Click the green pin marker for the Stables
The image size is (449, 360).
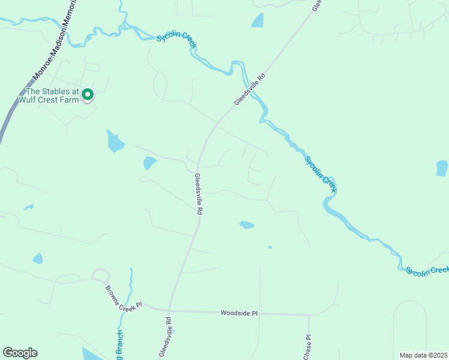[87, 94]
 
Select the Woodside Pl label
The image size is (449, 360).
[239, 313]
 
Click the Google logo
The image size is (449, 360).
[20, 353]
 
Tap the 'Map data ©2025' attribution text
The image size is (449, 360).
[423, 355]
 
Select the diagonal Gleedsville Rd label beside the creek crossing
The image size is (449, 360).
[250, 90]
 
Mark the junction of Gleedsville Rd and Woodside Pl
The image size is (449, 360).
[170, 311]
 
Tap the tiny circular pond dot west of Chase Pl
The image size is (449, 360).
[270, 247]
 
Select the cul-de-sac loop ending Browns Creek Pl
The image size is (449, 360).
[100, 276]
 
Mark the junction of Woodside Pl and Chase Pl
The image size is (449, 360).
[309, 314]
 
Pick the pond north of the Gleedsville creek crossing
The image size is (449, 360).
[258, 20]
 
